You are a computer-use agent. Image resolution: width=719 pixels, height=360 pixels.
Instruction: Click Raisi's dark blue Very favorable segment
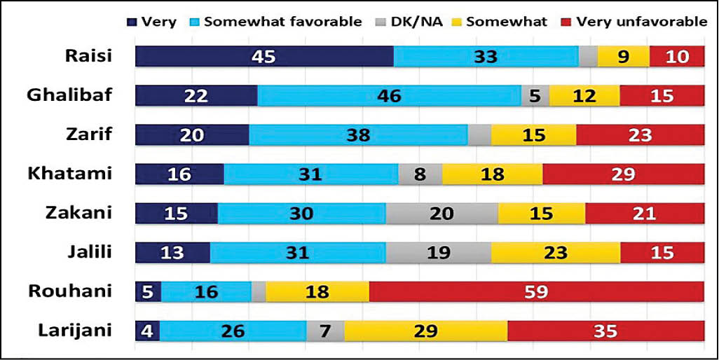264,56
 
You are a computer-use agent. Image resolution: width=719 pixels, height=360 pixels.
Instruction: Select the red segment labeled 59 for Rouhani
536,291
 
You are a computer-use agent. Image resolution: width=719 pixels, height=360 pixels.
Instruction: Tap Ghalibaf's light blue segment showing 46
389,95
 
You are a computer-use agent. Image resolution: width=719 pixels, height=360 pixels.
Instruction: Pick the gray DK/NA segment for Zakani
441,213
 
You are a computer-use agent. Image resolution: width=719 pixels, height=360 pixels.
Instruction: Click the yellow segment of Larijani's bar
425,331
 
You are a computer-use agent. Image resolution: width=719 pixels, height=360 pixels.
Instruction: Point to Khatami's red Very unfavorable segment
623,174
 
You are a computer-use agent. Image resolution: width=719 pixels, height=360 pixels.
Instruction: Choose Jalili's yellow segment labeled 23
555,252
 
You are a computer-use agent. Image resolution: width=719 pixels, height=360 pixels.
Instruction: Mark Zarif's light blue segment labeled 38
358,134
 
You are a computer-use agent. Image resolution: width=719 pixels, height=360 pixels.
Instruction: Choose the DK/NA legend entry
413,22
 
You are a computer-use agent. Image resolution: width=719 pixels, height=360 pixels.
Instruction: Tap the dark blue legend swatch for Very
132,22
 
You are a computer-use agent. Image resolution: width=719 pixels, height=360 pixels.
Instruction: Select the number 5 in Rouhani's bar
148,291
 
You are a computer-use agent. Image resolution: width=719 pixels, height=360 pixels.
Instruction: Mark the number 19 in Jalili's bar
438,252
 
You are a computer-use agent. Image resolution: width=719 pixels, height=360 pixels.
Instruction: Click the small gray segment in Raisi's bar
588,56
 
